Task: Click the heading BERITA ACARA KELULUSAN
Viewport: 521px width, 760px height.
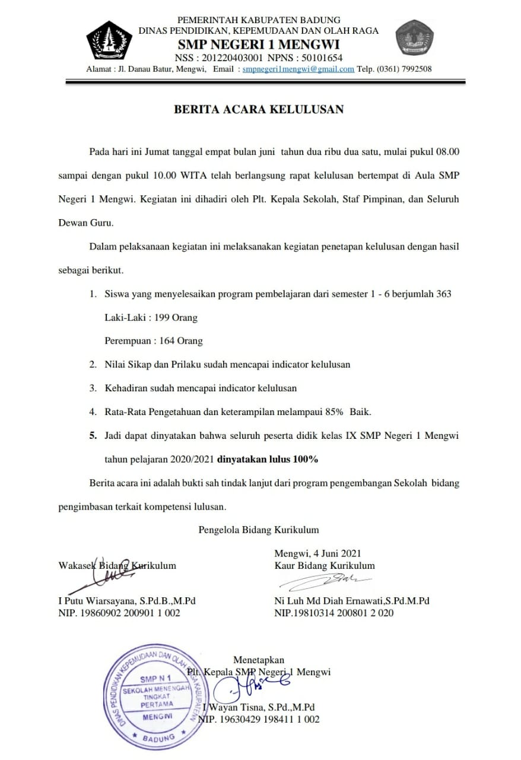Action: coord(258,109)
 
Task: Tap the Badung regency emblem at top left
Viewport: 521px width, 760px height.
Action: coord(109,40)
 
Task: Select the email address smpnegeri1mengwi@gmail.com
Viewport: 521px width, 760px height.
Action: coord(298,69)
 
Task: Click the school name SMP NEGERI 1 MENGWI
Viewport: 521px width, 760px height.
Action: coord(259,45)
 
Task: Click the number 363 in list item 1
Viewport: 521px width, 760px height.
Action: coord(443,294)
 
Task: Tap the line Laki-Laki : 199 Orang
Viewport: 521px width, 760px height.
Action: coord(151,318)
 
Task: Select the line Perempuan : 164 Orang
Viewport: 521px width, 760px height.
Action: coord(153,341)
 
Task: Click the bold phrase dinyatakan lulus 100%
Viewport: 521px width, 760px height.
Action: coord(268,459)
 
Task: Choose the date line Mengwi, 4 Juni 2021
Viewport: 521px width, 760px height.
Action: coord(317,554)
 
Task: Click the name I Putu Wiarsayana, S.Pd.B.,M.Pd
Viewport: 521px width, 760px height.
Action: coord(127,600)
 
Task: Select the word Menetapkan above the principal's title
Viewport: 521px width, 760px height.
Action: coord(259,660)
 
